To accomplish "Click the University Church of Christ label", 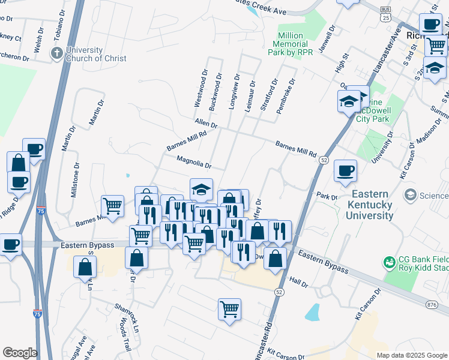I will click(97, 54).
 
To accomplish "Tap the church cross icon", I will click(58, 53).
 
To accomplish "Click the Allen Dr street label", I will click(205, 124).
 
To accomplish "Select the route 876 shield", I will click(432, 305).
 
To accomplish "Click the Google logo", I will click(19, 353).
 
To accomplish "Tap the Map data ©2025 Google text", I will click(411, 355).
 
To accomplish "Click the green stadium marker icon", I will click(389, 262).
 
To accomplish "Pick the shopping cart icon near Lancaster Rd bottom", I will click(229, 309).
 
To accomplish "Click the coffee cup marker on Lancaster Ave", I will click(345, 170).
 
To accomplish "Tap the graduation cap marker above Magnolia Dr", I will click(201, 190).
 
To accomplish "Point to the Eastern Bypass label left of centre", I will click(87, 245).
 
